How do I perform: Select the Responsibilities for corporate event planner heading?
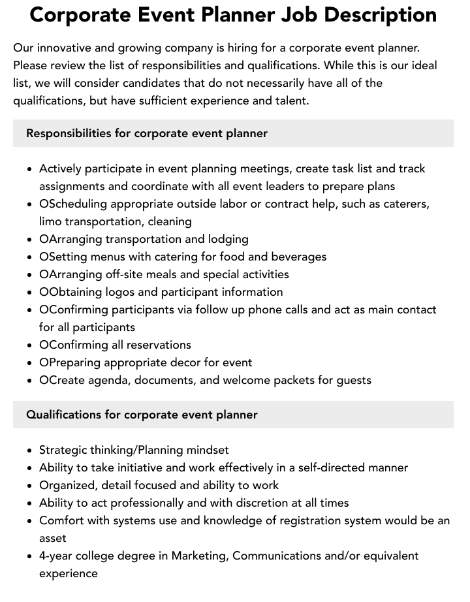click(147, 133)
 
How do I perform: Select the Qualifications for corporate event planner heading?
click(142, 415)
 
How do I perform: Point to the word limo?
click(52, 221)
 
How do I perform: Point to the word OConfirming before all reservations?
click(74, 345)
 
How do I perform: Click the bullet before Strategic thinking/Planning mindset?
click(30, 451)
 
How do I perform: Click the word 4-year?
click(55, 556)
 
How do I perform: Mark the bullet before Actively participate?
click(30, 169)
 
